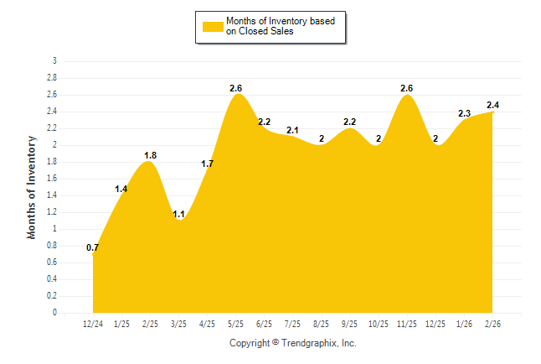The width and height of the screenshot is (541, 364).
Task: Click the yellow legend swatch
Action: [x=213, y=26]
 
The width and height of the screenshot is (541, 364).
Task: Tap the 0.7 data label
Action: [x=93, y=247]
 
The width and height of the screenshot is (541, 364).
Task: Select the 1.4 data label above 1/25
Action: [x=121, y=189]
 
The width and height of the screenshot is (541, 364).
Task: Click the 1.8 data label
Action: [x=150, y=155]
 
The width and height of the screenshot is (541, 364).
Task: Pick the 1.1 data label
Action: [x=178, y=214]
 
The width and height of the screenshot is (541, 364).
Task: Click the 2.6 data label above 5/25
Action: [x=236, y=88]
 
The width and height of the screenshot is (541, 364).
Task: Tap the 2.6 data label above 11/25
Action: [x=407, y=88]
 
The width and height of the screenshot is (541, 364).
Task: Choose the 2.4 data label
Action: [x=492, y=105]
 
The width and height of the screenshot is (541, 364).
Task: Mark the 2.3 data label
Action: [x=464, y=113]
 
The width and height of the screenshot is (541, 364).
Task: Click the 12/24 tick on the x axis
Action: [x=93, y=323]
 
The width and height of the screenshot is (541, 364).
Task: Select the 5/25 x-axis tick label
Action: [x=235, y=323]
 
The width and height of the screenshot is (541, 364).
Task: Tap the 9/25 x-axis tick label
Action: [x=349, y=323]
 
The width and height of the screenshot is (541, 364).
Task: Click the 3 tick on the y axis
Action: [x=54, y=61]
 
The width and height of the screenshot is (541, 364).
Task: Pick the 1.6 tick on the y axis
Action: [x=52, y=179]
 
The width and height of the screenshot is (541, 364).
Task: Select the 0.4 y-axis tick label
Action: [x=52, y=279]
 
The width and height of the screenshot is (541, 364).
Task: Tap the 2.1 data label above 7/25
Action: [x=293, y=130]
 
